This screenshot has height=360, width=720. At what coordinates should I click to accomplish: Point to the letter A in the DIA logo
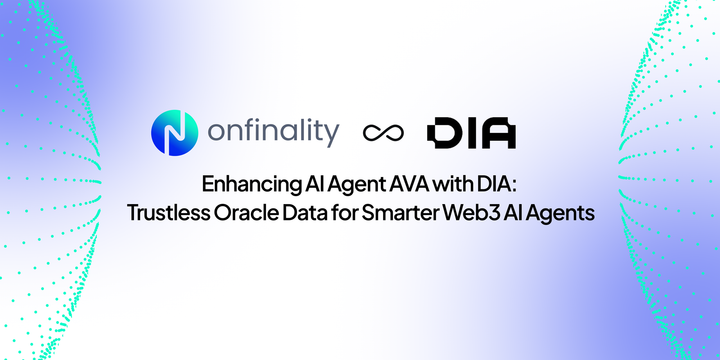click(497, 134)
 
